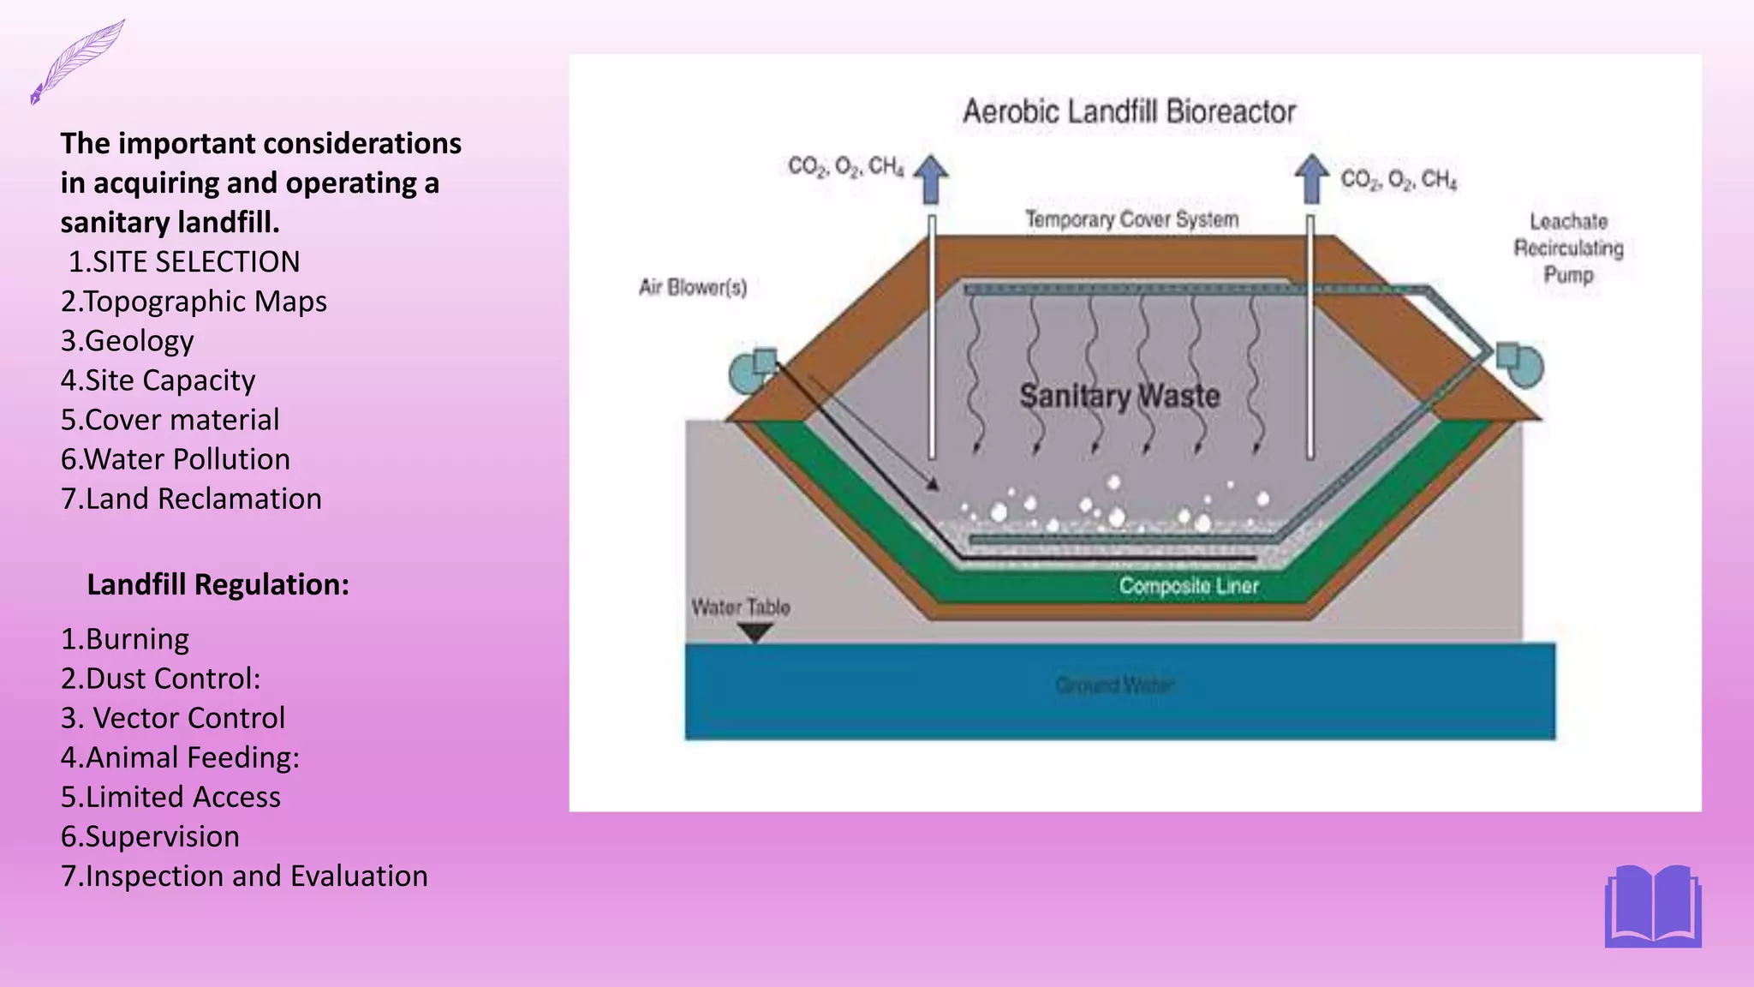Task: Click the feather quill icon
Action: pyautogui.click(x=77, y=61)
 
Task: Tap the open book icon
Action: pyautogui.click(x=1653, y=906)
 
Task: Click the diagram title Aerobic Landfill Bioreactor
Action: pyautogui.click(x=1129, y=111)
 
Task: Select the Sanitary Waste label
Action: pyautogui.click(x=1119, y=396)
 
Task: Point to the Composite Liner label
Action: pyautogui.click(x=1189, y=586)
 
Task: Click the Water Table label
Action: pyautogui.click(x=741, y=607)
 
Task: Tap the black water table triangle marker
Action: pyautogui.click(x=755, y=633)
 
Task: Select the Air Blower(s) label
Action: pyautogui.click(x=693, y=287)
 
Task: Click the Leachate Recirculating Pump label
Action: pyautogui.click(x=1568, y=248)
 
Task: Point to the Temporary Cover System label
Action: pyautogui.click(x=1132, y=219)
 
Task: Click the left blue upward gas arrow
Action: pyautogui.click(x=931, y=178)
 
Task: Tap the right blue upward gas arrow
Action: pyautogui.click(x=1311, y=178)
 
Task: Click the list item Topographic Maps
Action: pyautogui.click(x=194, y=302)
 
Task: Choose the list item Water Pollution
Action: pyautogui.click(x=176, y=459)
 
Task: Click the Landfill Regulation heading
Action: pyautogui.click(x=218, y=584)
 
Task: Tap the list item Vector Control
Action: pyautogui.click(x=173, y=718)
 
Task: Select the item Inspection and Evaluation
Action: pyautogui.click(x=244, y=876)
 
